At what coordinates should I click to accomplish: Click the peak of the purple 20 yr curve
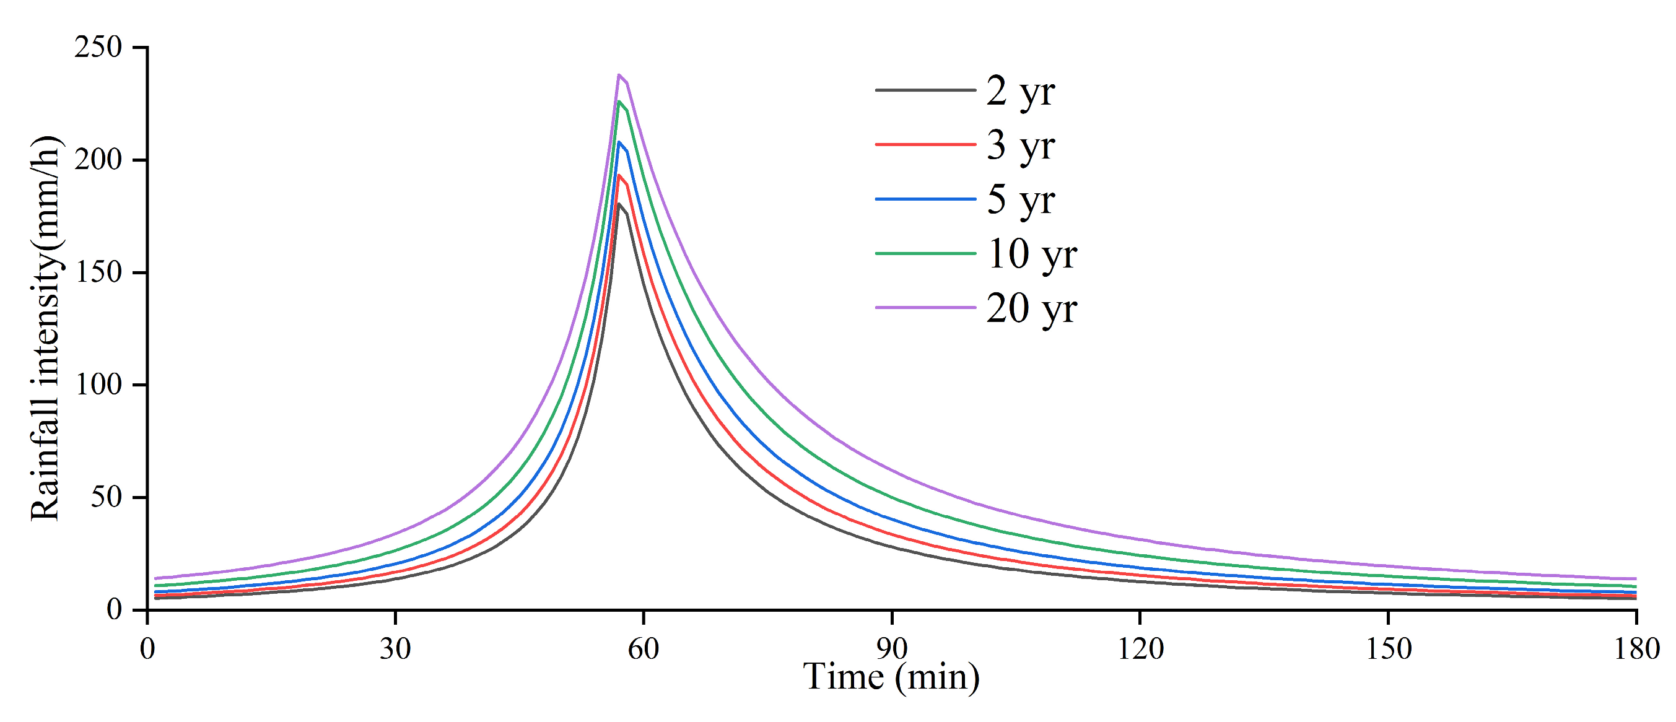[619, 75]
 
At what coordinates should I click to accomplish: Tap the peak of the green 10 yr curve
[619, 102]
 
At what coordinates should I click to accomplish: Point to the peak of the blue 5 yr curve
[619, 142]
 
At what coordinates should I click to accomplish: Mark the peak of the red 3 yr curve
[619, 176]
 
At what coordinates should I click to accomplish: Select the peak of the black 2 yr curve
[619, 204]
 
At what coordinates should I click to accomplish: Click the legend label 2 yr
[1019, 92]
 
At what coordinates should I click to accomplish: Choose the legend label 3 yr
[1019, 146]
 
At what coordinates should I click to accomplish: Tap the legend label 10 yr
[1031, 254]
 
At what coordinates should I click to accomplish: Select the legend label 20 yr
[1031, 308]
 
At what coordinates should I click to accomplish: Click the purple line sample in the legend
[925, 308]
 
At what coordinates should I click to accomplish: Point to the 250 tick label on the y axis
[98, 48]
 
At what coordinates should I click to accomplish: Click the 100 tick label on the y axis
[98, 385]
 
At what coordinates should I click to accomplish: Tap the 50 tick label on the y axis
[106, 498]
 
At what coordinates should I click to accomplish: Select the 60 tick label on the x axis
[644, 649]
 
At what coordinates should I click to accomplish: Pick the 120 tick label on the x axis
[1140, 649]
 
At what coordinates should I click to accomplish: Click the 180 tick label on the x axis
[1636, 649]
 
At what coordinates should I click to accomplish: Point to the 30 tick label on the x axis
[395, 649]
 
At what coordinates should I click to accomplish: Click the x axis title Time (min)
[891, 678]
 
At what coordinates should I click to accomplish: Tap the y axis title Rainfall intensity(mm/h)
[46, 328]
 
